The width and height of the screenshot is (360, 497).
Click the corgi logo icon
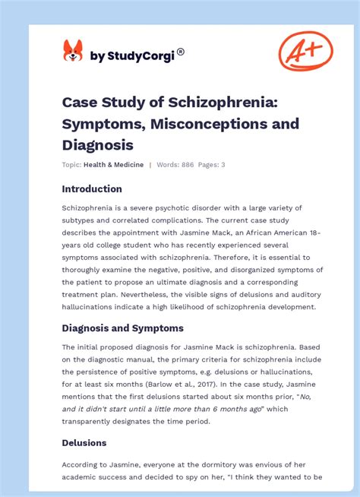coord(73,51)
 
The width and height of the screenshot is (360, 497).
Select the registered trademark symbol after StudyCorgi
coord(181,52)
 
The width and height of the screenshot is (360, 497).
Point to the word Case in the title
coord(80,103)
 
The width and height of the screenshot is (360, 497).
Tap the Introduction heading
coord(92,188)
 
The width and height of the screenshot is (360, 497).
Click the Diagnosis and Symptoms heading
coord(122,328)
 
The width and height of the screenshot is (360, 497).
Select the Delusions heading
coord(84,442)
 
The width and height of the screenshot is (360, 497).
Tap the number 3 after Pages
coord(223,165)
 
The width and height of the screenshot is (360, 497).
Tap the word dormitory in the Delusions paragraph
coord(200,465)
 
